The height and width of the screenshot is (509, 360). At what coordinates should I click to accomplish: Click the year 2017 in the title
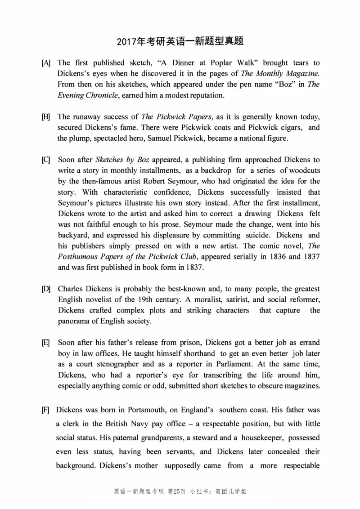(126, 42)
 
